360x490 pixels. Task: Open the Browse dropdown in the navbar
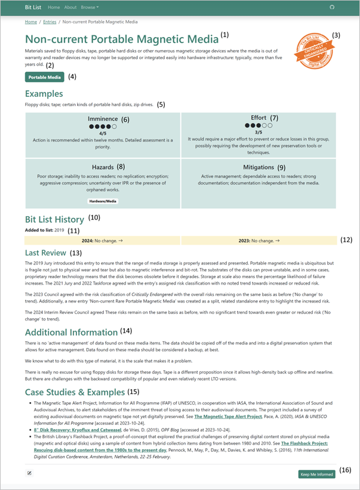tap(90, 7)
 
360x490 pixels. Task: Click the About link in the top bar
tap(70, 7)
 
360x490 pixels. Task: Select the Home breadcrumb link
tap(30, 22)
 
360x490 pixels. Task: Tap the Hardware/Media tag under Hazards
tap(102, 201)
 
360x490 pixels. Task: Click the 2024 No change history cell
tap(101, 241)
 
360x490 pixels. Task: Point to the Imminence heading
tap(103, 119)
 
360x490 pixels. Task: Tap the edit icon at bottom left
tap(29, 473)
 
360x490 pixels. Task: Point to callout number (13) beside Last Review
tap(76, 252)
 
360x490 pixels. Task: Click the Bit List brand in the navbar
tap(33, 7)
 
